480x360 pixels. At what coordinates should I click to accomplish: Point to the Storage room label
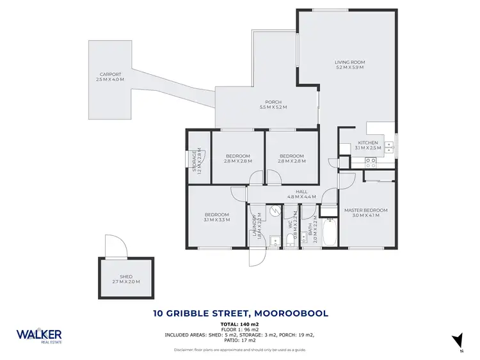click(196, 162)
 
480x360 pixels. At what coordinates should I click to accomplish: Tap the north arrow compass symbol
click(457, 341)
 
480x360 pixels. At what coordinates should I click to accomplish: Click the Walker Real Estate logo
click(39, 336)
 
